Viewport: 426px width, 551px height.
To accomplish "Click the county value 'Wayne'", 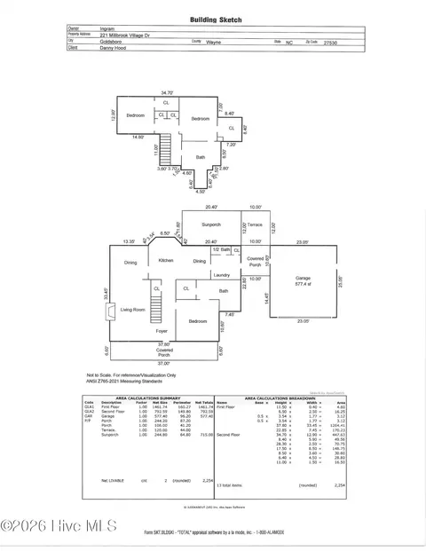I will [214, 42].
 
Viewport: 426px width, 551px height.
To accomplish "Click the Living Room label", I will [133, 310].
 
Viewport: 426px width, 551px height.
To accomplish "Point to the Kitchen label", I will [166, 261].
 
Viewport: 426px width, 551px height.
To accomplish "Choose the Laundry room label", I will [221, 275].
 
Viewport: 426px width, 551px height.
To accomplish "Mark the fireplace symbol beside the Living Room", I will [109, 312].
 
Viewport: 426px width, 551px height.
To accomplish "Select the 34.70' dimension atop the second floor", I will [167, 93].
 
